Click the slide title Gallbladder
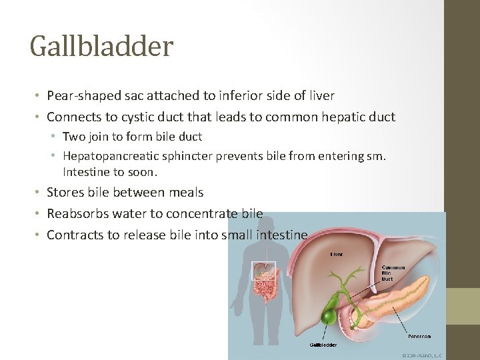[x=101, y=46]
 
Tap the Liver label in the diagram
[x=337, y=254]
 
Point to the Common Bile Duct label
[x=393, y=273]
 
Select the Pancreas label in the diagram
[x=419, y=337]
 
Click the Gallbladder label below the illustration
[x=324, y=345]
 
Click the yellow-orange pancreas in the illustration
[x=400, y=296]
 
